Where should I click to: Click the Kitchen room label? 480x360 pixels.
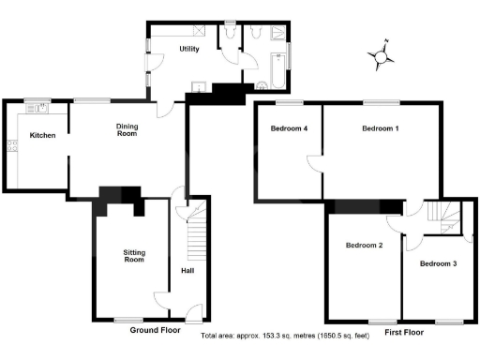(42, 136)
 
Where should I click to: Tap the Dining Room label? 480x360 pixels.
(127, 130)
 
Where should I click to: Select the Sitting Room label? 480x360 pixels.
(133, 255)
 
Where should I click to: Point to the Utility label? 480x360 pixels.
(188, 49)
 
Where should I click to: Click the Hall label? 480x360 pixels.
(187, 272)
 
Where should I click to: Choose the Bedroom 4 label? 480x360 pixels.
(289, 128)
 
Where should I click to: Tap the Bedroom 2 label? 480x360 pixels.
(364, 246)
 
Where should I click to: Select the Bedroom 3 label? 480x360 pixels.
(438, 263)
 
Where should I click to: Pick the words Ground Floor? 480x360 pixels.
(155, 331)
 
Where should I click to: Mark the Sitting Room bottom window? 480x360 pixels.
(132, 319)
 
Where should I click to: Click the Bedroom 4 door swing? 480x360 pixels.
(316, 161)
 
